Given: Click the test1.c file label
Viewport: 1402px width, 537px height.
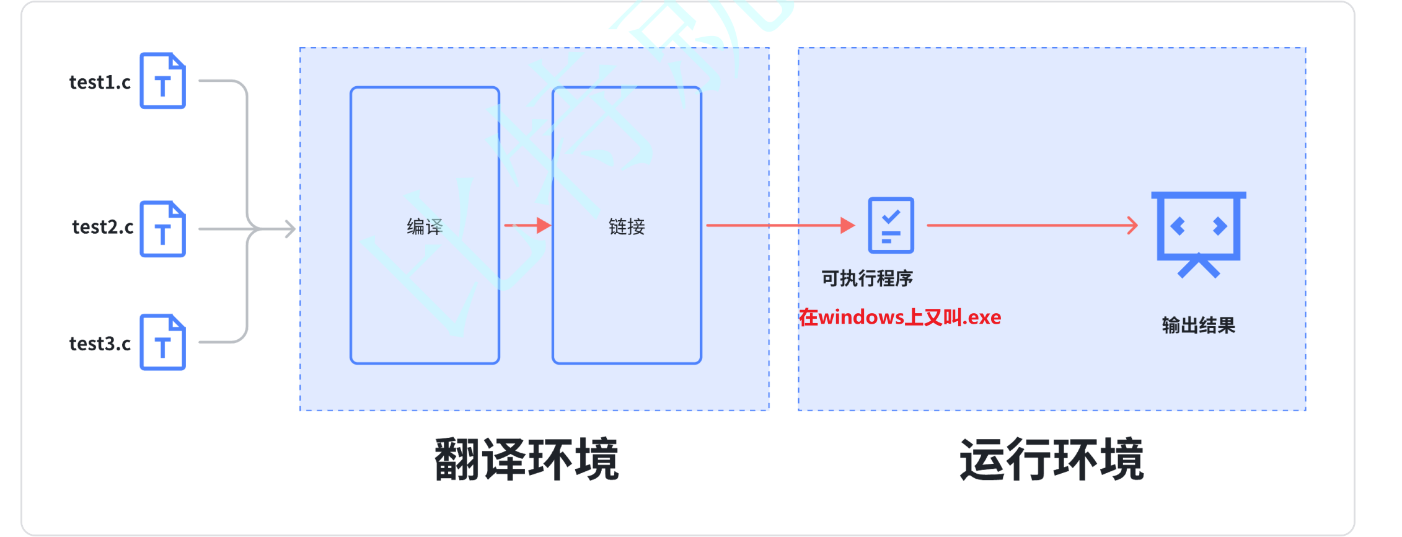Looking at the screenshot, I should (x=100, y=82).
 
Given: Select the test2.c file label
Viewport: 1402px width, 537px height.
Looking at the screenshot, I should (x=103, y=228).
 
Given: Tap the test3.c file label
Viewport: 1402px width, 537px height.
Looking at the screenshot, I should (x=100, y=344).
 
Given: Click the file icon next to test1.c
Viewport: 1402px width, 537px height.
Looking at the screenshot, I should (x=162, y=81).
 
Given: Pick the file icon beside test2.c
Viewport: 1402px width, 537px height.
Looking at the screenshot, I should (x=162, y=229).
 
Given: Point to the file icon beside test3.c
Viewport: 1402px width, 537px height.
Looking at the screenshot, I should (x=162, y=342).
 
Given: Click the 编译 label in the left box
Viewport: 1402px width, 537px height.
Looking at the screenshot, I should (x=425, y=227).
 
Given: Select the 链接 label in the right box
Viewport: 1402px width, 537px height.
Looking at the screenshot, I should (x=627, y=227).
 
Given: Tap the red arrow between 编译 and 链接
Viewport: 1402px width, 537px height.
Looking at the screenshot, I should (x=527, y=225).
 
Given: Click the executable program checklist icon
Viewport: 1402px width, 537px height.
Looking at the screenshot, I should (x=891, y=225).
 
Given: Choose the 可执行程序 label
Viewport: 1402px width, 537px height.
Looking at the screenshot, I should (x=867, y=278).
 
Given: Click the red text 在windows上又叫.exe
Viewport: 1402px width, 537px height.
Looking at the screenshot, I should (x=900, y=317).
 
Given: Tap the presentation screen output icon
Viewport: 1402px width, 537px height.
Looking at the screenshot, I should (x=1198, y=233).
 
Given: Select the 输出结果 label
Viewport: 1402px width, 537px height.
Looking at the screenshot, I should (x=1198, y=326).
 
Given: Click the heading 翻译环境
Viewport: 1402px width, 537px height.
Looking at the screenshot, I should (x=526, y=459).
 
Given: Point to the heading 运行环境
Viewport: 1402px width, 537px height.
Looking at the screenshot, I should (x=1051, y=459).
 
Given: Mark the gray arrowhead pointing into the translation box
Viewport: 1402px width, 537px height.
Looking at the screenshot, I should (x=290, y=229).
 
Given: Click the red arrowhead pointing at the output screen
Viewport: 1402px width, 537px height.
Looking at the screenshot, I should (x=1132, y=225).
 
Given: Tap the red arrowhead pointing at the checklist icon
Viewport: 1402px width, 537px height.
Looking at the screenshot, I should (x=847, y=225).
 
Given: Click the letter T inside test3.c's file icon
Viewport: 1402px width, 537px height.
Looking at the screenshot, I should (x=162, y=348).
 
